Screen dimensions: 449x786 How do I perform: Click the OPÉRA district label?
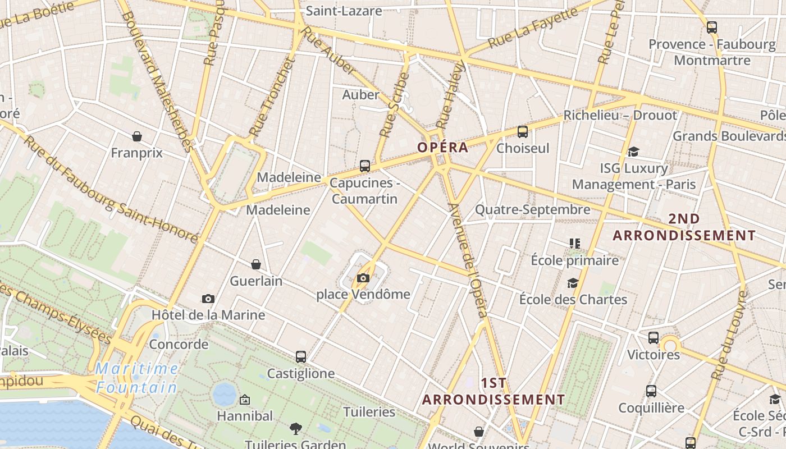tap(442, 148)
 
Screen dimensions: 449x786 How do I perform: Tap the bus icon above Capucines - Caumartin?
tap(365, 166)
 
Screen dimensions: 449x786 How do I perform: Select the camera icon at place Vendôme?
tap(363, 278)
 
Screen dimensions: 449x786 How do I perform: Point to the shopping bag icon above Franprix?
tap(136, 136)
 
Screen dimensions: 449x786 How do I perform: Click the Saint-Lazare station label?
tap(344, 11)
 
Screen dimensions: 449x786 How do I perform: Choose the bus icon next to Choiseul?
tap(522, 132)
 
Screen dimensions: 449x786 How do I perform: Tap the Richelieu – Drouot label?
tap(620, 116)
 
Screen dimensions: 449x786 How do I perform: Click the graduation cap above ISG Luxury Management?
tap(633, 152)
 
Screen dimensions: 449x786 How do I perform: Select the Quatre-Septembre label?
tap(532, 210)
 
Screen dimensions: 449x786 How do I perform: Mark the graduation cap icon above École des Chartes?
tap(573, 283)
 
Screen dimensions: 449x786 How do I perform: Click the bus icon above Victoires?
tap(653, 338)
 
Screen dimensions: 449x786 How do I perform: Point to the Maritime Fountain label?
tap(136, 378)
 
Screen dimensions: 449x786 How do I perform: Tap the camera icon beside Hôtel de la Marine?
tap(208, 299)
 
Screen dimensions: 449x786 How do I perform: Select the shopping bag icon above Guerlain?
tap(256, 264)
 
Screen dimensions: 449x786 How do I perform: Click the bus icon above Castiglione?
tap(301, 356)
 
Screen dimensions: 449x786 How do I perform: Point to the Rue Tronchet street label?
tap(272, 97)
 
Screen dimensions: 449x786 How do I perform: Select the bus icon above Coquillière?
tap(651, 391)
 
